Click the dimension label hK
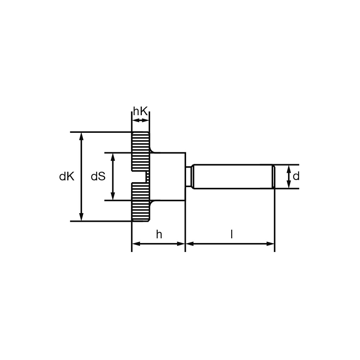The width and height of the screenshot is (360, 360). (140, 112)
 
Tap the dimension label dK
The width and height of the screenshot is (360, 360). (67, 176)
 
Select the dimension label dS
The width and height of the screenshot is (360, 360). (98, 176)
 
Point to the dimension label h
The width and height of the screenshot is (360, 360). (159, 234)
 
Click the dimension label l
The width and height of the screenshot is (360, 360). (231, 234)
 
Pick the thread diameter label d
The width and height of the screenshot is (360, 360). (296, 176)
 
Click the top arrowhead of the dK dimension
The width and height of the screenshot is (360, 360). (81, 136)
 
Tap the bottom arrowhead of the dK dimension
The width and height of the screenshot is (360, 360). (81, 217)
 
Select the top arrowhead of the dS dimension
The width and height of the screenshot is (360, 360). (113, 157)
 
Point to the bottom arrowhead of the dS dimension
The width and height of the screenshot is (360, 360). (113, 196)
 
